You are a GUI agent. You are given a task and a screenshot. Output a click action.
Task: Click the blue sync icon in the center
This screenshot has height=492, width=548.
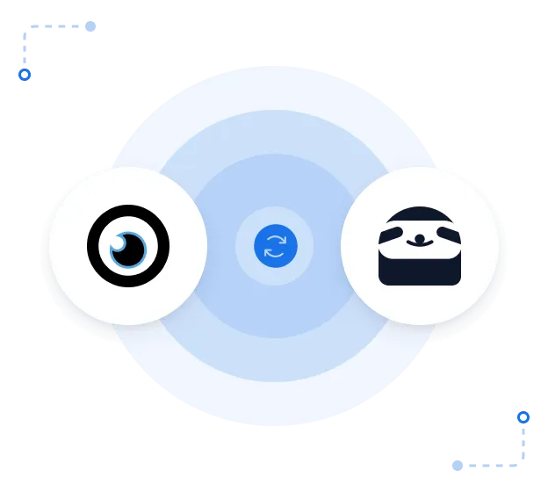(275, 246)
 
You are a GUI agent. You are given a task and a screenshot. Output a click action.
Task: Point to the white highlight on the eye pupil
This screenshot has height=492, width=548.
(118, 242)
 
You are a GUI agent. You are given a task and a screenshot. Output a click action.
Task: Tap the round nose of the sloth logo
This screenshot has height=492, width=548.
(420, 237)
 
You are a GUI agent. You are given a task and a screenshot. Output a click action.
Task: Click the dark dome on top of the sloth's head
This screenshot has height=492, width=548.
(420, 214)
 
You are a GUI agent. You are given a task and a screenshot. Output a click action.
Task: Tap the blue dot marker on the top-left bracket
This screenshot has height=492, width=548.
(25, 75)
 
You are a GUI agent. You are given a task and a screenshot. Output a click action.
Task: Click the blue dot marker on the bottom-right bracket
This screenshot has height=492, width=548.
(523, 417)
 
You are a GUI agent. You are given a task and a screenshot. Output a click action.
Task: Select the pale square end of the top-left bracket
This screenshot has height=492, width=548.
(91, 28)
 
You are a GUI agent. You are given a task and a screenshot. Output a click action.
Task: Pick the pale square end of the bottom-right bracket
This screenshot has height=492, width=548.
(457, 463)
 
